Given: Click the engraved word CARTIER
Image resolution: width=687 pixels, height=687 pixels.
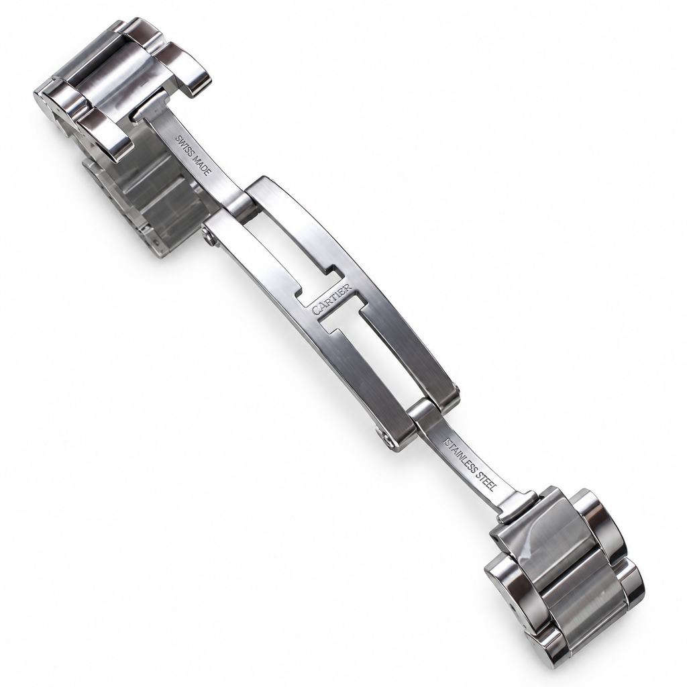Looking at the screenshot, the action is click(331, 299).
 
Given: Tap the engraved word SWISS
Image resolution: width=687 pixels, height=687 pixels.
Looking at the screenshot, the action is click(182, 145).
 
